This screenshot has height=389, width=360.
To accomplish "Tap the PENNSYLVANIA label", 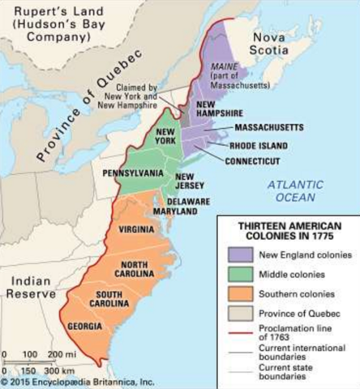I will (134, 173).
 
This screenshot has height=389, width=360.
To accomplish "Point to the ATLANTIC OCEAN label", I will (298, 190).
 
